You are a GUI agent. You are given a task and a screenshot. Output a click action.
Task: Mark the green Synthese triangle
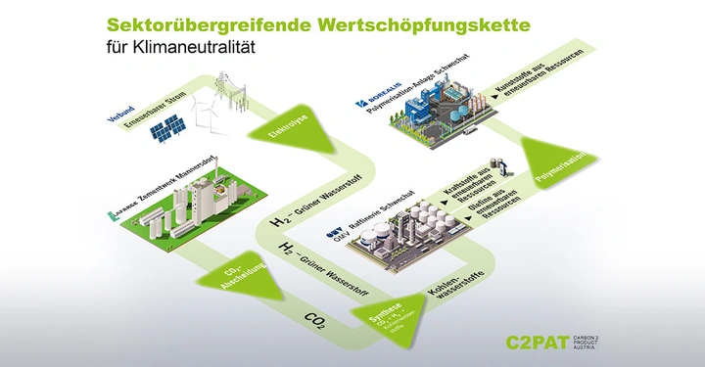pyautogui.click(x=386, y=317)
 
